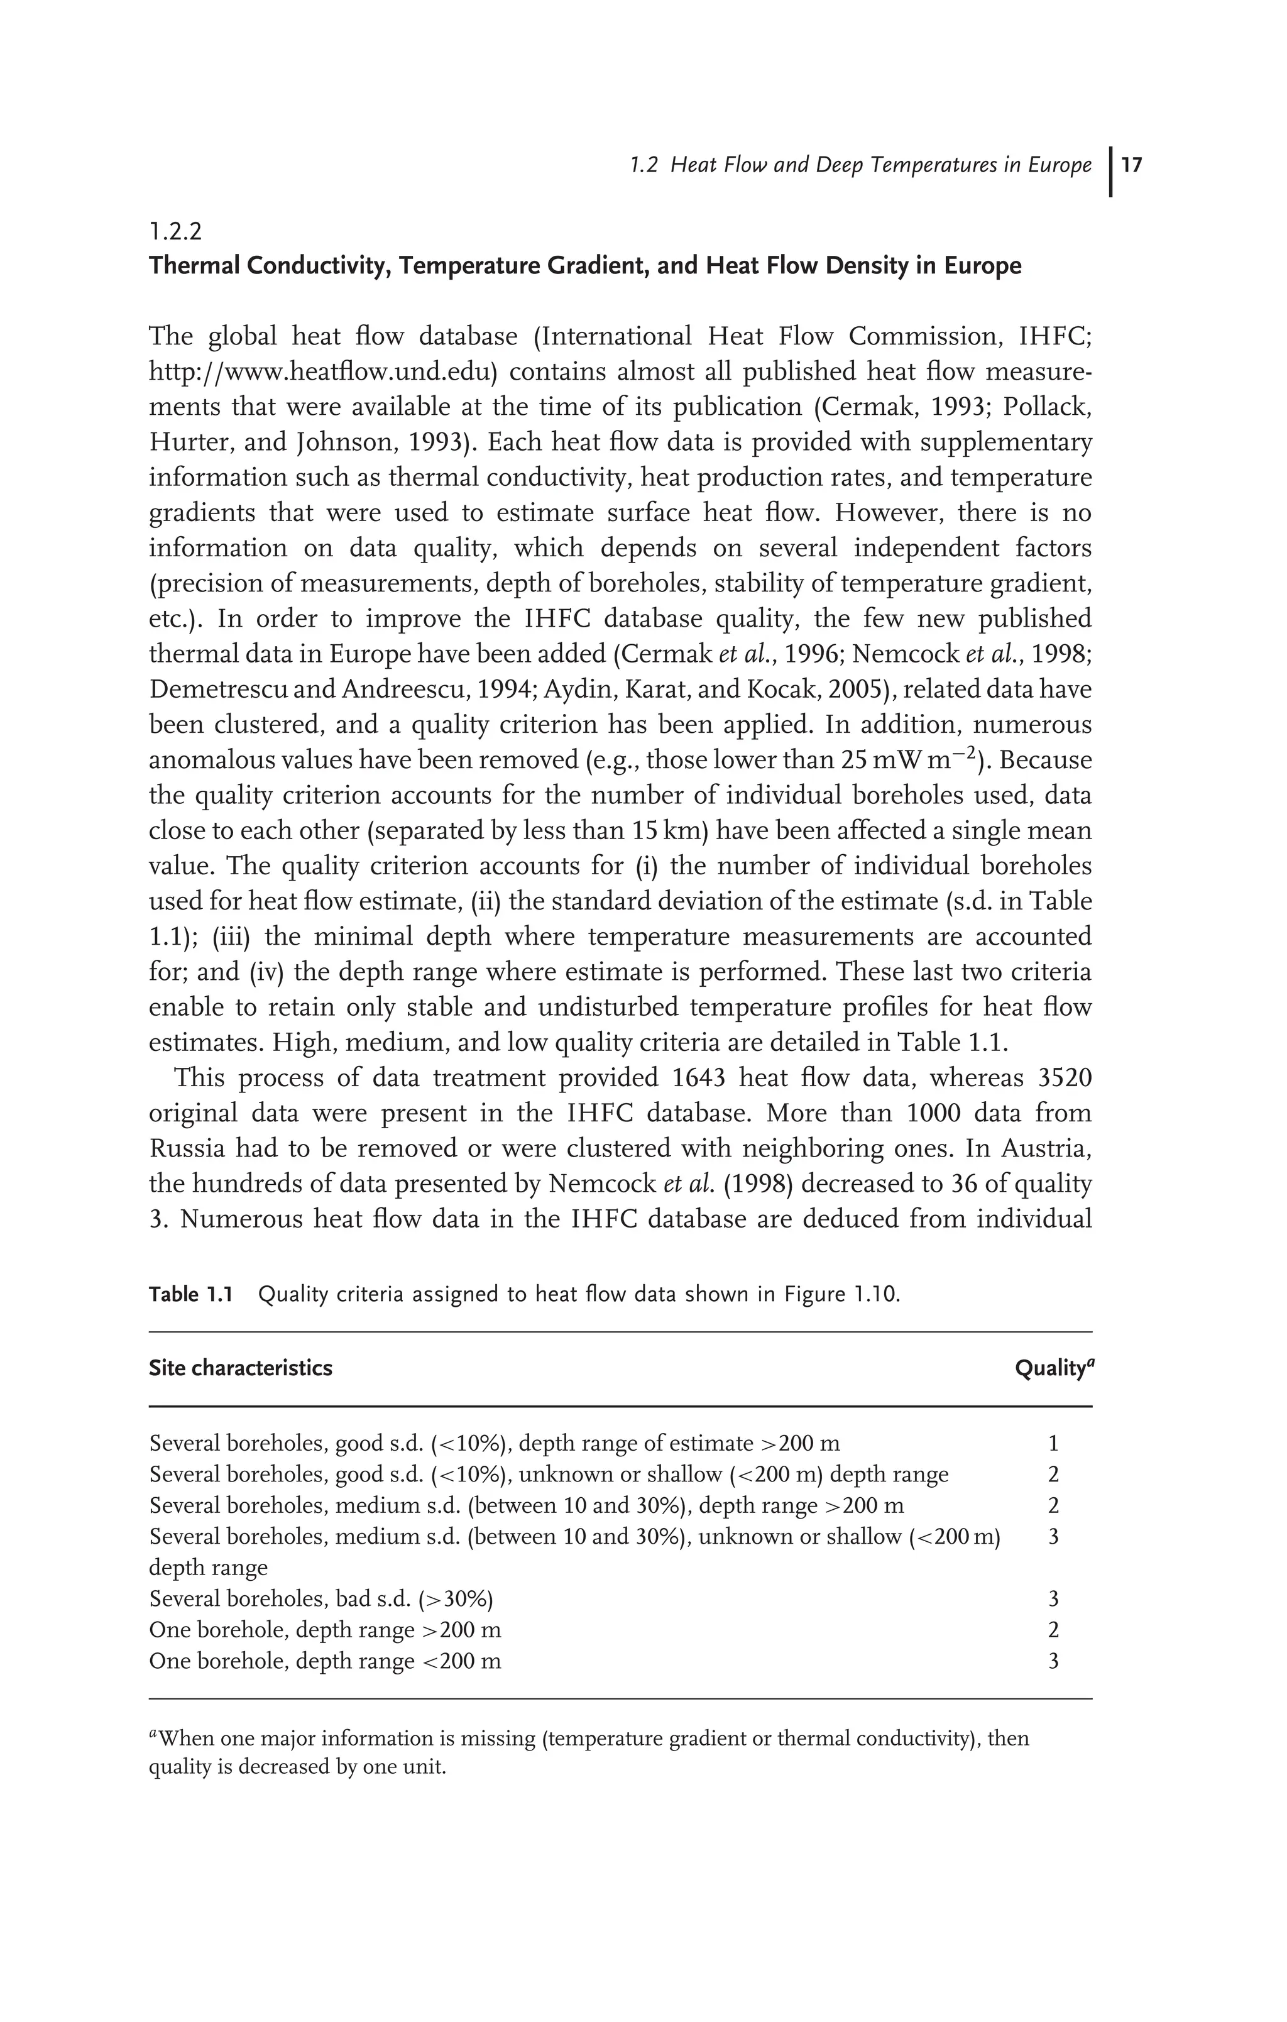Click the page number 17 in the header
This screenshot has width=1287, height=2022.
1131,165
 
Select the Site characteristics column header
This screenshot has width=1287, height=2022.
240,1369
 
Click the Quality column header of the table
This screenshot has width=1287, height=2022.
1053,1369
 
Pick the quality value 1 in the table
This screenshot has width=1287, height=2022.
1054,1444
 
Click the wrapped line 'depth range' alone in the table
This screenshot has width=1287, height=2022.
208,1568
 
